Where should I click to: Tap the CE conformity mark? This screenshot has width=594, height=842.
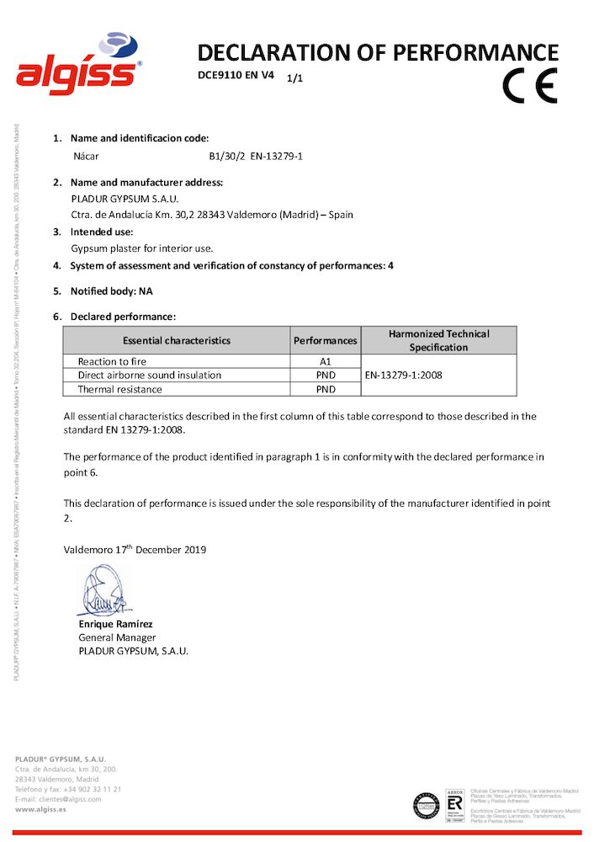pyautogui.click(x=530, y=85)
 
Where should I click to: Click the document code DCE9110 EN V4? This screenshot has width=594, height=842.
pyautogui.click(x=236, y=75)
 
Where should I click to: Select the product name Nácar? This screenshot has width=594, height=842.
pyautogui.click(x=88, y=156)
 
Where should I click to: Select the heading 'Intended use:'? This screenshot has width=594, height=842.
pyautogui.click(x=103, y=232)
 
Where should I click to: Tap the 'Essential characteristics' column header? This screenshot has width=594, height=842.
pyautogui.click(x=177, y=341)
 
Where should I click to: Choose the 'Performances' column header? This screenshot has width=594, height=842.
pyautogui.click(x=326, y=341)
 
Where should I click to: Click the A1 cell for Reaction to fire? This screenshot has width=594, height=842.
pyautogui.click(x=326, y=361)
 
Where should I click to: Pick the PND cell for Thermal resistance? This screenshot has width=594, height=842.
pyautogui.click(x=326, y=390)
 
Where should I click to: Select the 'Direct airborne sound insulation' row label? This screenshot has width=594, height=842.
pyautogui.click(x=150, y=376)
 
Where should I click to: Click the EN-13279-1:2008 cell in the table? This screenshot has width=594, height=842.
pyautogui.click(x=403, y=376)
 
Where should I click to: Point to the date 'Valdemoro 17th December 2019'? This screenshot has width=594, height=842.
pyautogui.click(x=135, y=550)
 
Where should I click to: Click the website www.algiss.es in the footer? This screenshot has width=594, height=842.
pyautogui.click(x=41, y=809)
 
